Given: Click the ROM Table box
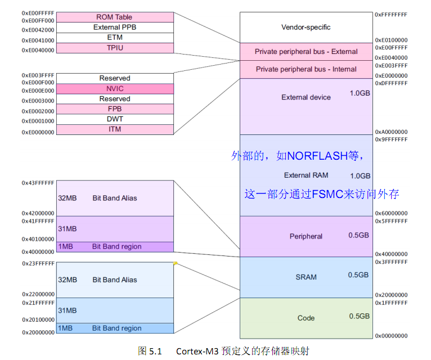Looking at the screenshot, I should pos(114,17).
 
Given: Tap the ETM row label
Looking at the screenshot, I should pos(114,38).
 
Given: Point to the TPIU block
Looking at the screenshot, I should pos(114,48).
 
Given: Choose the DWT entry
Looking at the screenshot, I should pos(114,119).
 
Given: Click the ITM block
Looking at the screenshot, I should pos(114,129).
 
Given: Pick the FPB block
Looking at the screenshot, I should pos(114,109).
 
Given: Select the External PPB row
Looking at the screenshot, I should pos(114,27).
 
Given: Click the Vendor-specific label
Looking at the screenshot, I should pos(306,27).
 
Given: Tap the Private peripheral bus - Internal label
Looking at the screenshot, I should pos(306,69).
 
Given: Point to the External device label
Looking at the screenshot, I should pos(306,97).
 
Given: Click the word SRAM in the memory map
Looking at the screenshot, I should pos(306,277).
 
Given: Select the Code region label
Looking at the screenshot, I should pos(306,318).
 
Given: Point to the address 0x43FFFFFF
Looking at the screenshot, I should pos(38,183).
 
